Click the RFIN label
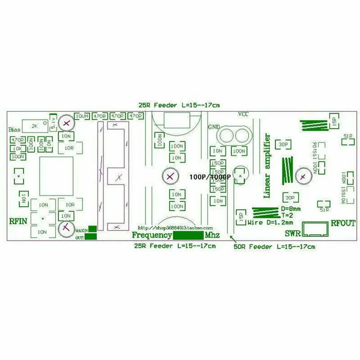pos(19,221)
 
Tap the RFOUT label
pos(343,223)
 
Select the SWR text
pos(292,233)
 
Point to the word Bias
pos(15,130)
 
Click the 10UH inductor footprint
pos(82,116)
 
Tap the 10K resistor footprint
pos(18,148)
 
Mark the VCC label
pos(243,114)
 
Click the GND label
pos(214,127)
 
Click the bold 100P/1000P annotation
pos(210,177)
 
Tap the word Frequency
pos(152,235)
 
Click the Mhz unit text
pos(212,235)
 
